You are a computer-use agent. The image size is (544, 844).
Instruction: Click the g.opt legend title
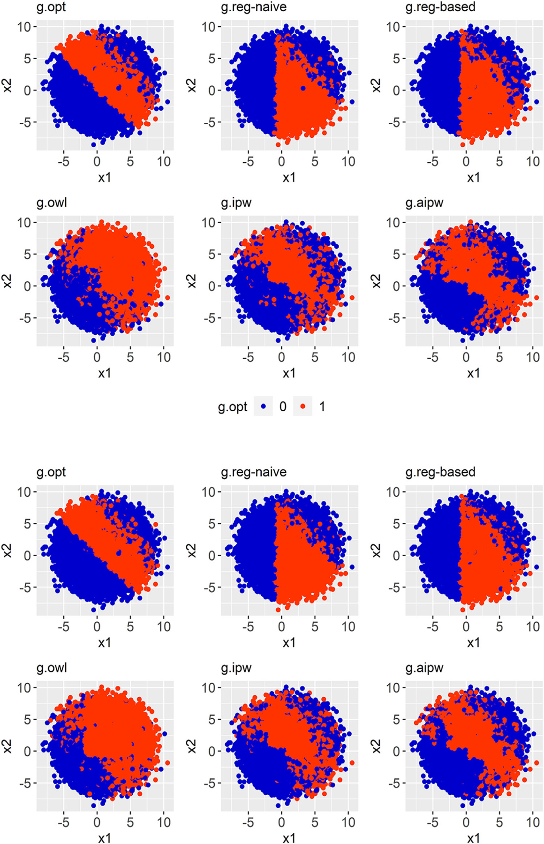point(232,407)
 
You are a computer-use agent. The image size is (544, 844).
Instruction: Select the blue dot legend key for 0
point(264,407)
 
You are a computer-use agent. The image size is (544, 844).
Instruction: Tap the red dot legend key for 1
point(303,407)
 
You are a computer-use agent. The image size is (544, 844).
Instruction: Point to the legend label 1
point(322,407)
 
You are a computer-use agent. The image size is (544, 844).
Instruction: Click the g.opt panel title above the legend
point(51,7)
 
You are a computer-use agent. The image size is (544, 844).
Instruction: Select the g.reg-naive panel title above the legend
point(253,7)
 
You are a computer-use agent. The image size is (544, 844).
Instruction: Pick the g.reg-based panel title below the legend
point(440,472)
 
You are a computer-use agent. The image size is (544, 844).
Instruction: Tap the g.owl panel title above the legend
point(52,203)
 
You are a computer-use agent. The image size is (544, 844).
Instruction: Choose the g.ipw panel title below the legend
point(236,668)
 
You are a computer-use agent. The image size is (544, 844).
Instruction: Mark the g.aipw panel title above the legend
point(424,203)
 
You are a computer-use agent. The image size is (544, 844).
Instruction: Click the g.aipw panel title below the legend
point(424,668)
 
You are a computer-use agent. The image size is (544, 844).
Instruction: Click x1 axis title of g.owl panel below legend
point(105,838)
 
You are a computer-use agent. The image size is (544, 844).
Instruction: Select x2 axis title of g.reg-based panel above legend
point(376,85)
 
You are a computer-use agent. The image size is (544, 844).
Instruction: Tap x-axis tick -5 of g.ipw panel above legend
point(248,357)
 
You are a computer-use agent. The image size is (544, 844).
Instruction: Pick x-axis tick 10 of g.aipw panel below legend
point(533,822)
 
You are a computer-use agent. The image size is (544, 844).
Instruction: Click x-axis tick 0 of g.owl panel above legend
point(97,357)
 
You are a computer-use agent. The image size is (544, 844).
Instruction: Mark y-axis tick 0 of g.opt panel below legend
point(27,555)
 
